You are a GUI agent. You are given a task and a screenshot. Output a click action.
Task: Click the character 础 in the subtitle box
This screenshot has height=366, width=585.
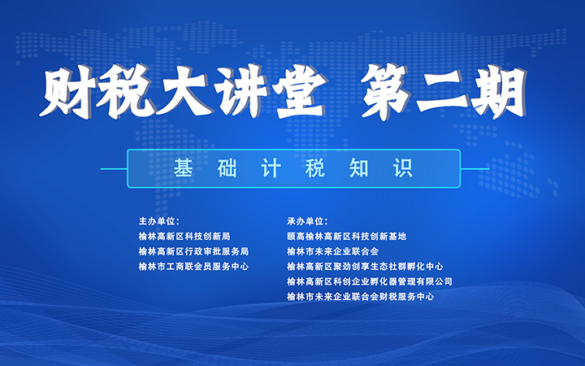227,168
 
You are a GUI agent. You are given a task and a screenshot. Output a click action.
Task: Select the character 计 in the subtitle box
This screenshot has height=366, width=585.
271,168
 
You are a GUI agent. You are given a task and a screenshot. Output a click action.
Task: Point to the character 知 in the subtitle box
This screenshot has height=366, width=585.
359,168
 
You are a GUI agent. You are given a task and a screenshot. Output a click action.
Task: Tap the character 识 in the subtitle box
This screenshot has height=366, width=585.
403,168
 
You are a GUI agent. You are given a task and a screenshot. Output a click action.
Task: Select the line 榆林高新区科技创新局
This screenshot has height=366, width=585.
184,237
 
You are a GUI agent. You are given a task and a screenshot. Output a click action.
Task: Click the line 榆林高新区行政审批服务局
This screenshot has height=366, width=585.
193,251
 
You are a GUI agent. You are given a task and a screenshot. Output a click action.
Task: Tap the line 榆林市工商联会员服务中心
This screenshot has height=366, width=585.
193,266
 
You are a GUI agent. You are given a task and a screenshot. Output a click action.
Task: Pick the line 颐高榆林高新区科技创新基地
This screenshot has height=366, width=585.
347,237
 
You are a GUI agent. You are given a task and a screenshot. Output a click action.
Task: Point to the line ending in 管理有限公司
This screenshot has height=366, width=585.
370,281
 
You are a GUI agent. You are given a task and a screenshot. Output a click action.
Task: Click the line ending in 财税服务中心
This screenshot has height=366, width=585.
361,297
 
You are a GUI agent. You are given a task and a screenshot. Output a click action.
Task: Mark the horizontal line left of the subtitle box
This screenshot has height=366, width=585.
114,169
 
